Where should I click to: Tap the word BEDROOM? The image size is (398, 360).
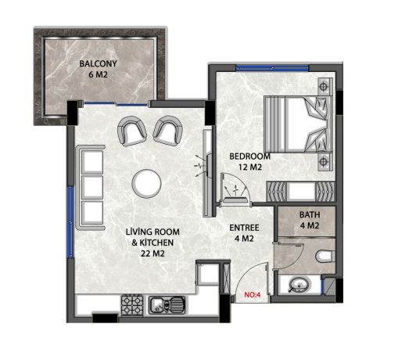pyautogui.click(x=249, y=156)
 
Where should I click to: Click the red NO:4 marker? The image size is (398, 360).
pyautogui.click(x=252, y=296)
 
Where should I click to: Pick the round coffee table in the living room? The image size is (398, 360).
pyautogui.click(x=147, y=184)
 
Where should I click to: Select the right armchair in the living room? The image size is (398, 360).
pyautogui.click(x=166, y=130)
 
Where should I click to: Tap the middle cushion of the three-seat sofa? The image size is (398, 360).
pyautogui.click(x=92, y=186)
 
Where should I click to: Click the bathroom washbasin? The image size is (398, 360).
pyautogui.click(x=297, y=285)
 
